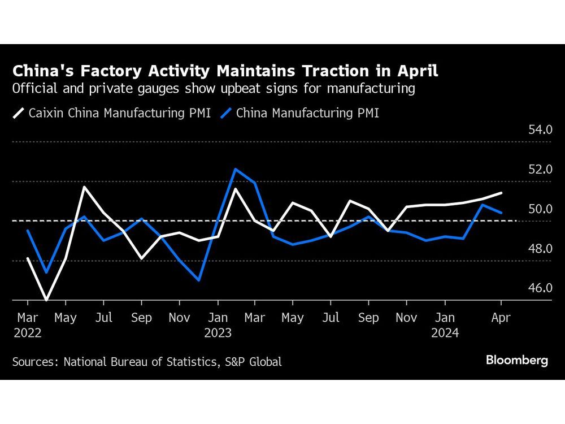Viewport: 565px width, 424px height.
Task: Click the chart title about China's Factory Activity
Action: pyautogui.click(x=225, y=72)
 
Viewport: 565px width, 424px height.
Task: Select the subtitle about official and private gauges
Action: pyautogui.click(x=214, y=89)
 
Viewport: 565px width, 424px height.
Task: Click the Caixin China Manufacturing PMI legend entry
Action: pyautogui.click(x=112, y=113)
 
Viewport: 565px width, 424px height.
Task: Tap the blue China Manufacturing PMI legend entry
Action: pyautogui.click(x=300, y=113)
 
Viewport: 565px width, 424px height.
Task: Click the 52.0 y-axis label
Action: pyautogui.click(x=540, y=170)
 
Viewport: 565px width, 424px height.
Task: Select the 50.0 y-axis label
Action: pyautogui.click(x=540, y=209)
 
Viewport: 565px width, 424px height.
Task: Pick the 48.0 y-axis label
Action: pyautogui.click(x=540, y=249)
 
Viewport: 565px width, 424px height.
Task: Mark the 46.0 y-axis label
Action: pyautogui.click(x=540, y=288)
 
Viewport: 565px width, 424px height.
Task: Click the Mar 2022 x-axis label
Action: pyautogui.click(x=27, y=325)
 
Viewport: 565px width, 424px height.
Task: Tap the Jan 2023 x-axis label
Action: pyautogui.click(x=218, y=325)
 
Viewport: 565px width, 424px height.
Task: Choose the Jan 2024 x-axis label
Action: pyautogui.click(x=445, y=325)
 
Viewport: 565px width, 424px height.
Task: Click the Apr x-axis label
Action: pyautogui.click(x=501, y=318)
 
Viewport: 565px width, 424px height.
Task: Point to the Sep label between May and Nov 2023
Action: pyautogui.click(x=368, y=318)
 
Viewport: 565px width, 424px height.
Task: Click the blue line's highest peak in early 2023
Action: pyautogui.click(x=236, y=169)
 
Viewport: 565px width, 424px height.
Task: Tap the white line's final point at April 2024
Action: pyautogui.click(x=501, y=193)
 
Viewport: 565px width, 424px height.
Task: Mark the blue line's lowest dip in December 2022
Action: pyautogui.click(x=198, y=280)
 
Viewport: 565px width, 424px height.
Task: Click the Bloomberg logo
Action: pyautogui.click(x=517, y=360)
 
